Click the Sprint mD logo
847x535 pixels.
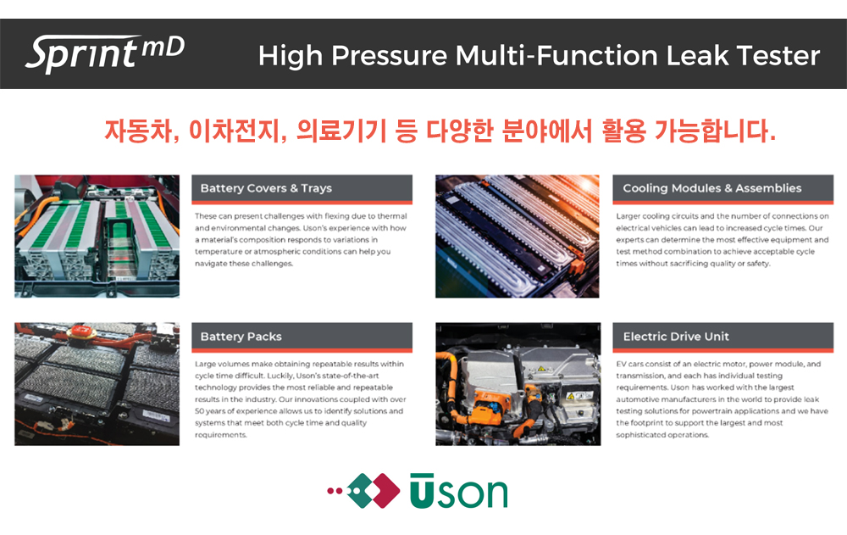coord(105,53)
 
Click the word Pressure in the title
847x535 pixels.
coord(390,56)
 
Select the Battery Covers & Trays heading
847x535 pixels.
coord(266,188)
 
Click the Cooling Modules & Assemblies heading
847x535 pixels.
coord(712,188)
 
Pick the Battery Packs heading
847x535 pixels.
coord(241,337)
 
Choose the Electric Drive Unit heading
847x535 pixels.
coord(676,337)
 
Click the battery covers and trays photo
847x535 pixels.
coord(97,236)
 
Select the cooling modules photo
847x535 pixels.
coord(518,236)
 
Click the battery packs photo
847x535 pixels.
coord(97,384)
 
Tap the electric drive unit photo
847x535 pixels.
coord(518,384)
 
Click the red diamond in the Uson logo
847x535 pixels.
coord(384,491)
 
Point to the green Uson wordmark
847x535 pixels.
coord(458,491)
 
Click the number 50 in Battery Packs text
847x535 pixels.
coord(199,411)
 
